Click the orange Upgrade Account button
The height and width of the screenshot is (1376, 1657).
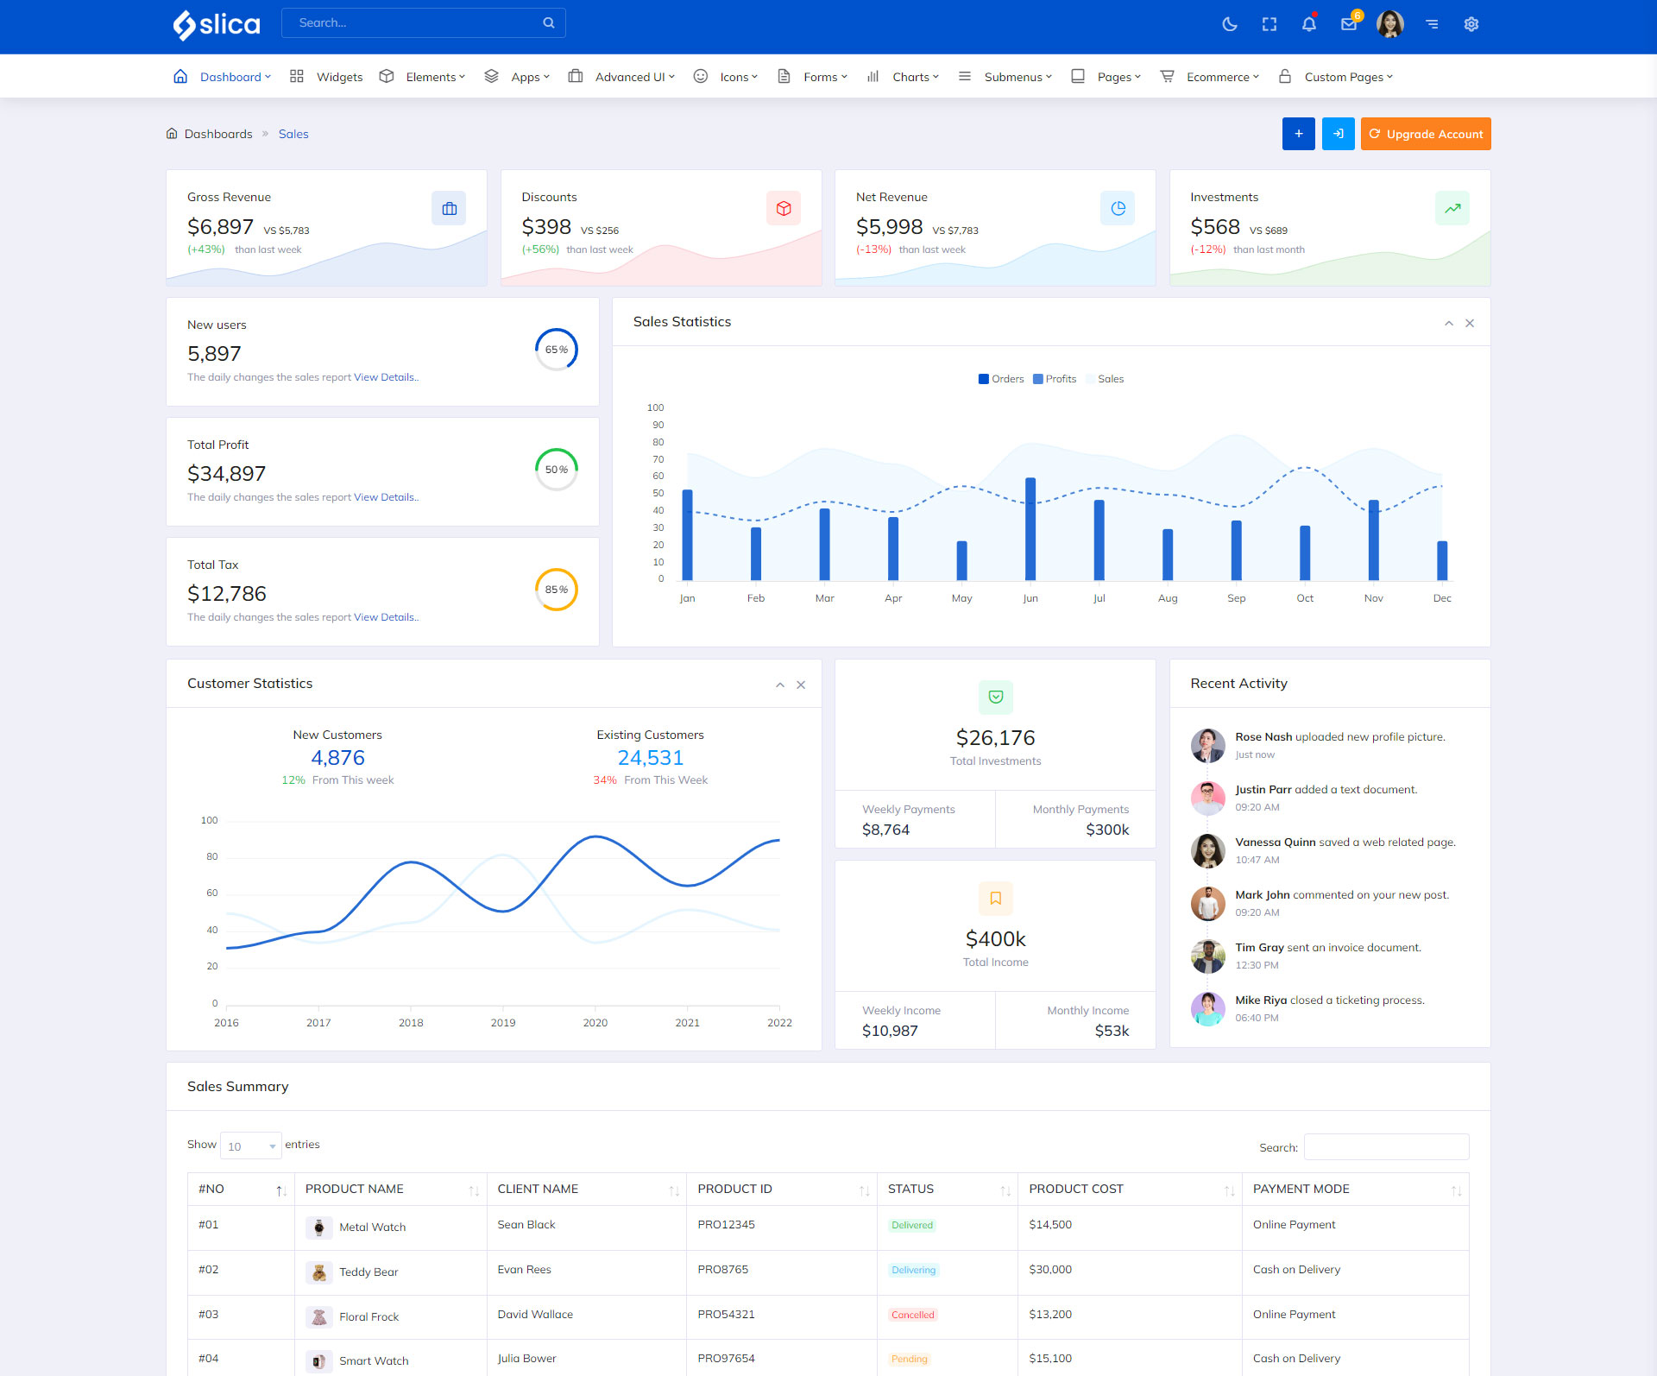point(1425,134)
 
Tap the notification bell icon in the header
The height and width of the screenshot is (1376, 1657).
point(1308,24)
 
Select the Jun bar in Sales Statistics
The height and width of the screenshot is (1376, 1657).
point(1030,528)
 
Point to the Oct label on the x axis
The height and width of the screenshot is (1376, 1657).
point(1304,598)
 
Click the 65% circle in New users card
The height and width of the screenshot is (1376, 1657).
point(556,350)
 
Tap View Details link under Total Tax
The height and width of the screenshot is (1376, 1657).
point(385,617)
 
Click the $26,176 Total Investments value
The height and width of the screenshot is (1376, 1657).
point(995,738)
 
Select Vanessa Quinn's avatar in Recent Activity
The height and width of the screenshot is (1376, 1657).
point(1207,850)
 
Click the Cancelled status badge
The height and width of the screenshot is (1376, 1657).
point(912,1315)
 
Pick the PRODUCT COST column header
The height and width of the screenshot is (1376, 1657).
point(1076,1189)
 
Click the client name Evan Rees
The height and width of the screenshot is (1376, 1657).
point(524,1269)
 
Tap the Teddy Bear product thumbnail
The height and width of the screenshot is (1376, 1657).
point(318,1272)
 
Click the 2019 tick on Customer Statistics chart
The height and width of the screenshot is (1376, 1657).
point(502,1022)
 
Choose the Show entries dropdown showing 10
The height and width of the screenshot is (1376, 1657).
point(250,1146)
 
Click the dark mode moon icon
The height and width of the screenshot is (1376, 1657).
point(1230,24)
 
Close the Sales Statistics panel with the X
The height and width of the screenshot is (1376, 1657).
point(1470,323)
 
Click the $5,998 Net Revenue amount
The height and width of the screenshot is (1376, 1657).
point(889,227)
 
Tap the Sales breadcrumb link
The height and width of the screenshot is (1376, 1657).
point(293,134)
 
